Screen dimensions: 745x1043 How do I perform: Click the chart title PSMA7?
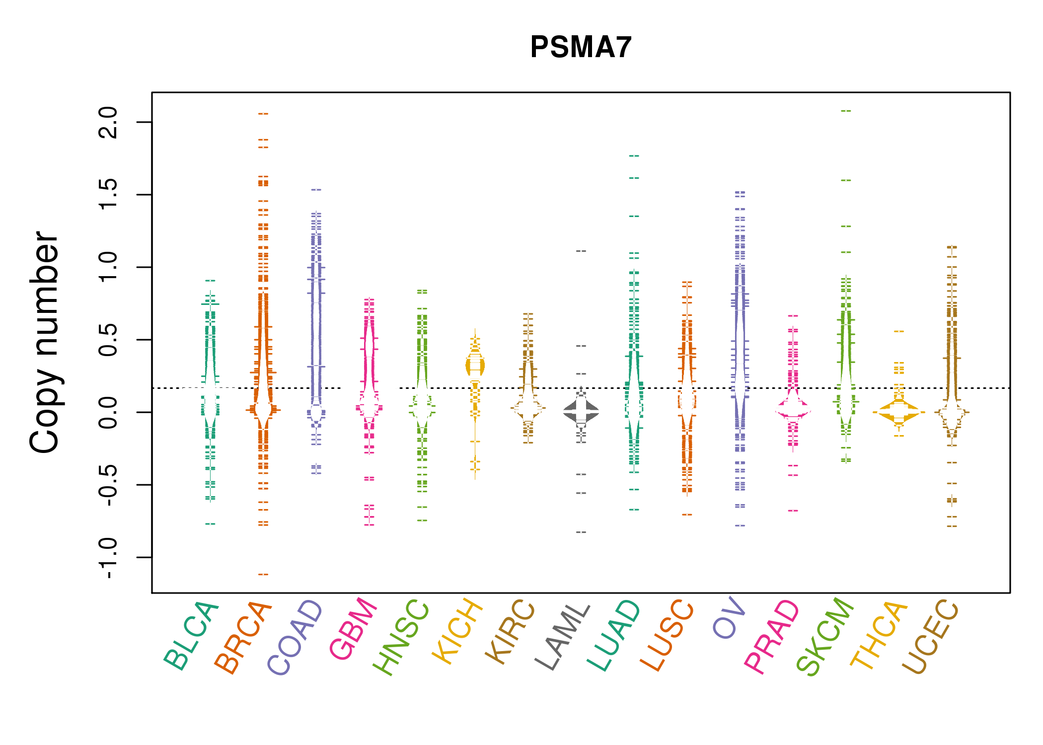pyautogui.click(x=581, y=47)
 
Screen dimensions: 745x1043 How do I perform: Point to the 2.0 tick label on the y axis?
pyautogui.click(x=108, y=122)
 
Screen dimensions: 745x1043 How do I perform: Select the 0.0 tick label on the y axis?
pyautogui.click(x=108, y=412)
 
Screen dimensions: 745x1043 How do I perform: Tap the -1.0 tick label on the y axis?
pyautogui.click(x=108, y=557)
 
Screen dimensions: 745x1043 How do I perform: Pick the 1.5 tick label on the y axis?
pyautogui.click(x=108, y=195)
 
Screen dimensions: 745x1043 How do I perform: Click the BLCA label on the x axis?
pyautogui.click(x=191, y=636)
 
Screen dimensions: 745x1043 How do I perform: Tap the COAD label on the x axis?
pyautogui.click(x=295, y=638)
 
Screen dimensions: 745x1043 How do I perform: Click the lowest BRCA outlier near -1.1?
pyautogui.click(x=263, y=575)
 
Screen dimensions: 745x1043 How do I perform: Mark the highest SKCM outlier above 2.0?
pyautogui.click(x=846, y=111)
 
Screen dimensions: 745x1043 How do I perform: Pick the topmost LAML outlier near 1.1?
pyautogui.click(x=581, y=251)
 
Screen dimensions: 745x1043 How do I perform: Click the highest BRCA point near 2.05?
pyautogui.click(x=263, y=114)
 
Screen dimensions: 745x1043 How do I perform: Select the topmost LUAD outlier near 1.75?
pyautogui.click(x=634, y=156)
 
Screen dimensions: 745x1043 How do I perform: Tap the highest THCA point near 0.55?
pyautogui.click(x=899, y=331)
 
